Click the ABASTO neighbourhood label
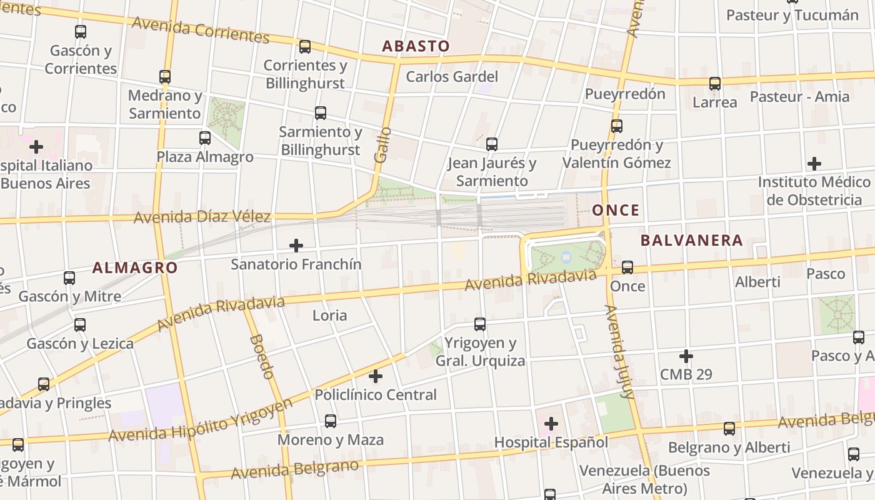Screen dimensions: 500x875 [x=416, y=46]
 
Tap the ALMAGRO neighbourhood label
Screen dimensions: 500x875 [x=135, y=267]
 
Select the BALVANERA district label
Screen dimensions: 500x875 [x=692, y=241]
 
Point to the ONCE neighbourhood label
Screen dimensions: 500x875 [x=616, y=210]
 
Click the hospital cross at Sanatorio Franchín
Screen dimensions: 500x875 [x=296, y=246]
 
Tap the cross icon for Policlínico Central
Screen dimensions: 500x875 [x=376, y=376]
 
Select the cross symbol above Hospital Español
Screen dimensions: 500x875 [x=551, y=424]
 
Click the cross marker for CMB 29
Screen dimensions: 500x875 [x=686, y=356]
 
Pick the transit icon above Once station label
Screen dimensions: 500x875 [x=627, y=267]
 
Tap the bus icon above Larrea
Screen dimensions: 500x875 [x=715, y=83]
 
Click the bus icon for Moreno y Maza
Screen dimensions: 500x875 [x=331, y=421]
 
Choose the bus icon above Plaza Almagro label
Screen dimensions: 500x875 [x=205, y=138]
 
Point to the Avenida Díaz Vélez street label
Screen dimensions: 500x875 [x=202, y=217]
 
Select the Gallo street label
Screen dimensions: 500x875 [x=383, y=145]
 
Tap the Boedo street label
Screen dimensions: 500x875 [x=262, y=356]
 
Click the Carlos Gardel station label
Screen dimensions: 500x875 [x=452, y=77]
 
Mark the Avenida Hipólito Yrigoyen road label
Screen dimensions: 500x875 [x=200, y=420]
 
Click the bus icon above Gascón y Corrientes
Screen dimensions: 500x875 [x=81, y=32]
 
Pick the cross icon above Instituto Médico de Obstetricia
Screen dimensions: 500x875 [x=814, y=164]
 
